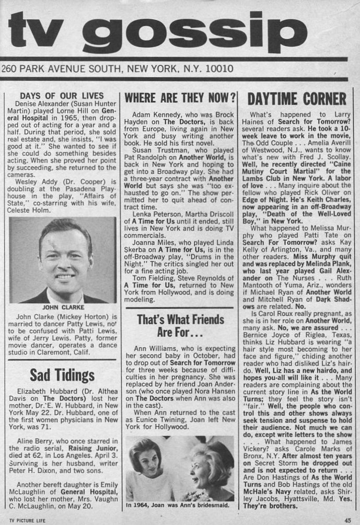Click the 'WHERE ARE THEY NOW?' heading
pos(179,97)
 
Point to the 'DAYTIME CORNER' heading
pos(297,98)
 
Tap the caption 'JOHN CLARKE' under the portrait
pos(63,307)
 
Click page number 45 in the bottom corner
pos(347,519)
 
